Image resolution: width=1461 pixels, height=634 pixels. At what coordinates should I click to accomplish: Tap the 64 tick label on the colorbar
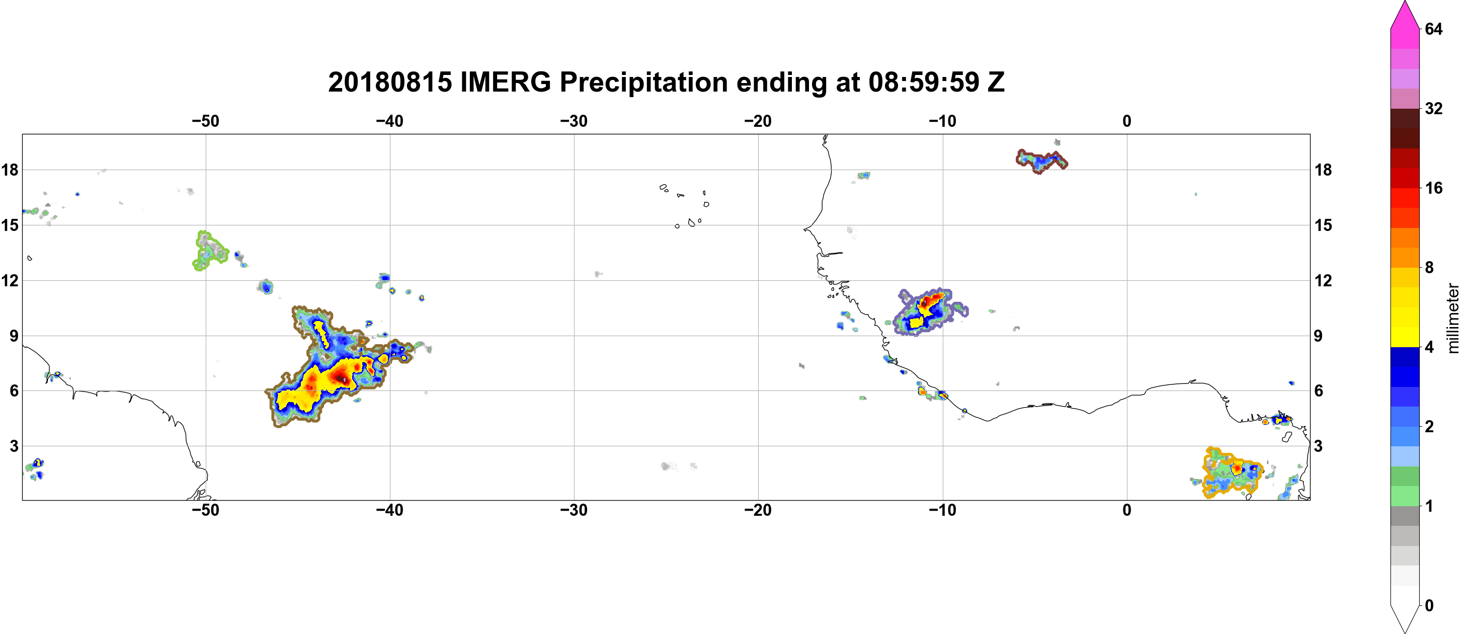coord(1434,29)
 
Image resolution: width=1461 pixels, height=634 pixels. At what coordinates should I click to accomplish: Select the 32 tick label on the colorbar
coord(1434,108)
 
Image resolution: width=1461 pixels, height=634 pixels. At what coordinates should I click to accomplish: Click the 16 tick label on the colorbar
coord(1434,188)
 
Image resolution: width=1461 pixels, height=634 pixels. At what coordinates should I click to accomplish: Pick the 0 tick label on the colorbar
coord(1429,606)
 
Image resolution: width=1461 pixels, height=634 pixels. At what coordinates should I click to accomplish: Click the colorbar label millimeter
coord(1452,318)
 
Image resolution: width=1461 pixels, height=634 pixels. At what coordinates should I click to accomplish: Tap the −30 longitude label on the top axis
coord(574,121)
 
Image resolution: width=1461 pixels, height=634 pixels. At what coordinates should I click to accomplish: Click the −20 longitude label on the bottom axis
coord(758,510)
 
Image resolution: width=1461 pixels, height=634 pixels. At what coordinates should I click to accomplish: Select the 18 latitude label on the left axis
coord(10,170)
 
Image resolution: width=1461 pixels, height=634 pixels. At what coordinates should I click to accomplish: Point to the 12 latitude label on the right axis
coord(1323,280)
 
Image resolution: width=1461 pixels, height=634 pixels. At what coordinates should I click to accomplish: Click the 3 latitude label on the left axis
coord(14,446)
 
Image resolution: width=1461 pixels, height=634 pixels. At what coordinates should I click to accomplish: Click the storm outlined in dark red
coord(1041,161)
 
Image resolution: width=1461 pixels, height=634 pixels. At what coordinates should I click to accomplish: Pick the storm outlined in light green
coord(209,251)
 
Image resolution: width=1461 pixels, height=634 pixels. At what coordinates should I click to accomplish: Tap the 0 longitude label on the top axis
coord(1127,121)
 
